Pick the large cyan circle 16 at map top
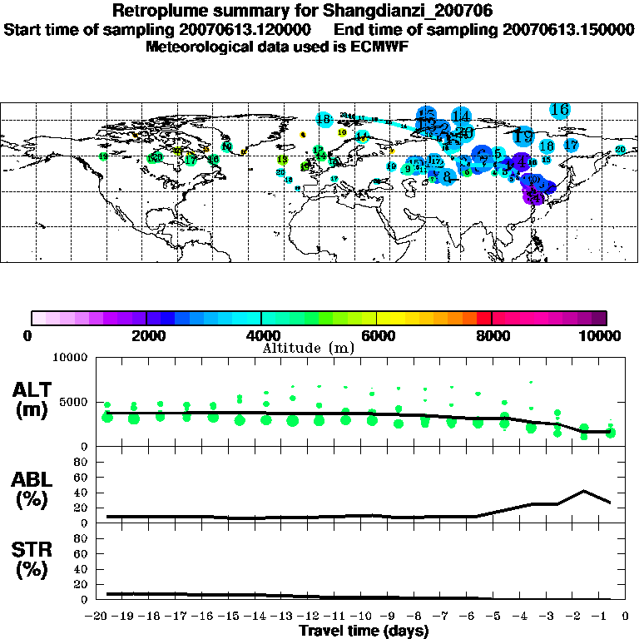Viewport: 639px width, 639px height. [559, 109]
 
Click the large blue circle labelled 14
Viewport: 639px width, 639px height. [461, 116]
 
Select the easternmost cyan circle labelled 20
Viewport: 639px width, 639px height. [620, 150]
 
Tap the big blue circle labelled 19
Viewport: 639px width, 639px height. [524, 136]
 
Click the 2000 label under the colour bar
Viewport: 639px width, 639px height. [146, 336]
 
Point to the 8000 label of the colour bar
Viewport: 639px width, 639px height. [492, 336]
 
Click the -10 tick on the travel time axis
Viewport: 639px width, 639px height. [364, 617]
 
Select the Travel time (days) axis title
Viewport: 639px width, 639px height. [364, 631]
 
